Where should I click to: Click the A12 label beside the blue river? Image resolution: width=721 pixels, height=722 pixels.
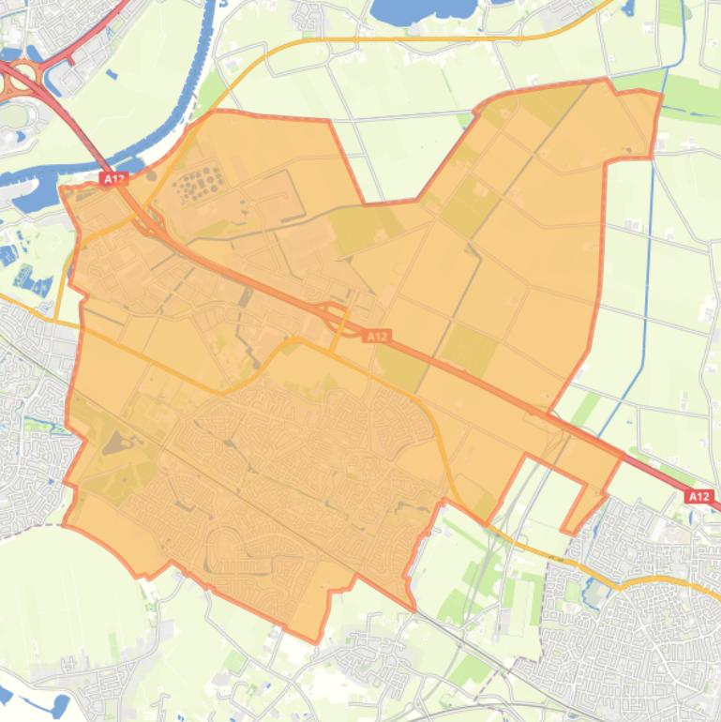tap(113, 177)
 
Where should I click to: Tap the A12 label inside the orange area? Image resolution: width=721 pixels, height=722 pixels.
tap(377, 335)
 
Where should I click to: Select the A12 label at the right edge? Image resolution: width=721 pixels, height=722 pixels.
tap(698, 496)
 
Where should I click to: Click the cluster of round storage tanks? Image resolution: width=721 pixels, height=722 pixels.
tap(198, 181)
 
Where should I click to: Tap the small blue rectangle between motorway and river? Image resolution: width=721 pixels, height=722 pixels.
tap(112, 74)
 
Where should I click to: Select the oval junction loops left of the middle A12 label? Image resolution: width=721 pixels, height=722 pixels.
tap(334, 314)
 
